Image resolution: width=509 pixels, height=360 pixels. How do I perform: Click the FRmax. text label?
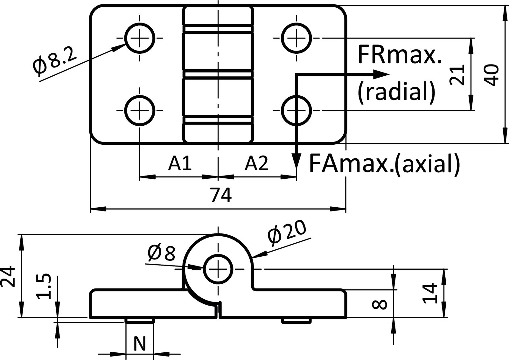coord(400,55)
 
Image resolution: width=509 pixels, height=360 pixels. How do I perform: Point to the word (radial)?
coord(396,93)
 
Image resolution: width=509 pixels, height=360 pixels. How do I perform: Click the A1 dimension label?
coord(180,163)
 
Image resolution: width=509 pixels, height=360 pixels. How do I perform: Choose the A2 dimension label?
coord(257,163)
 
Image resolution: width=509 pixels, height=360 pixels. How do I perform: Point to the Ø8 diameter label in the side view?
coord(162,253)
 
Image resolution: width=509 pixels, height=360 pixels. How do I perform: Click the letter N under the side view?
coord(139,344)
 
